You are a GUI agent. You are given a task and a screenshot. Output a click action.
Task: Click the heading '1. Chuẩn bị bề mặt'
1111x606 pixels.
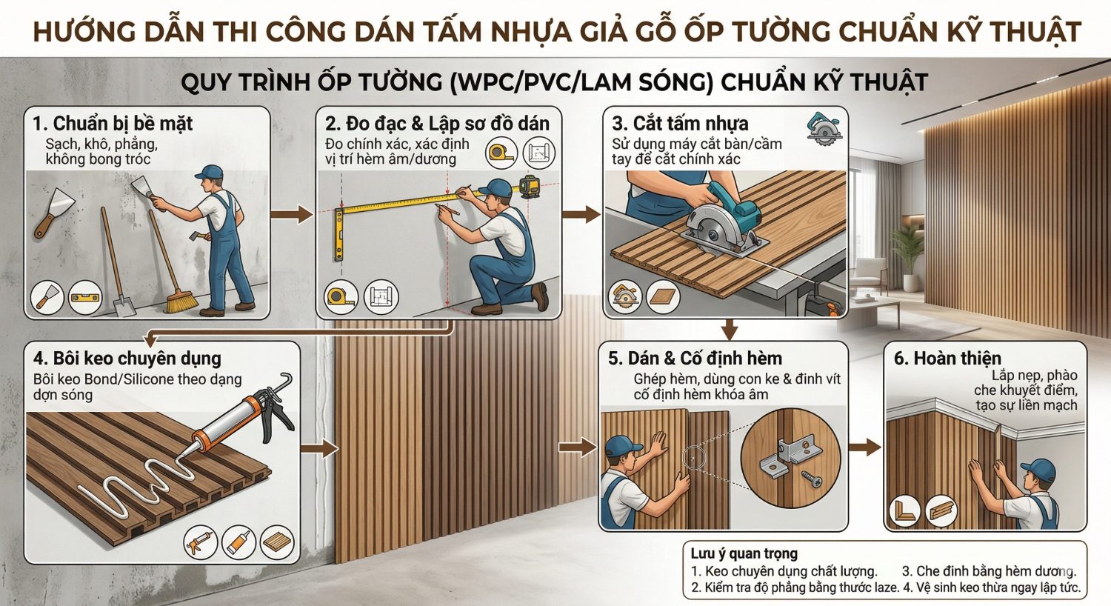coord(112,124)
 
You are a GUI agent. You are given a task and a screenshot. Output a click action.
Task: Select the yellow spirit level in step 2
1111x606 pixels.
coord(338,235)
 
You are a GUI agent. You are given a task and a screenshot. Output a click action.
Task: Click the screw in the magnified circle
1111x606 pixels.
coord(811,479)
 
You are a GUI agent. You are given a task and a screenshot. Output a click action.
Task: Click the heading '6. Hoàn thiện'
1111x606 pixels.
coord(947,359)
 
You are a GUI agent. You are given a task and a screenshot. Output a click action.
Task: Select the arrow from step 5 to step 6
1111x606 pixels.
coord(864,447)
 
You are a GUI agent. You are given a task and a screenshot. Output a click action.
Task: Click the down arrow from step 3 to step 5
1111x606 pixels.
coord(730,328)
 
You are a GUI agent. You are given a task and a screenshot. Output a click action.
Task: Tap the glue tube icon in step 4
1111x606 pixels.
coord(238,543)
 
